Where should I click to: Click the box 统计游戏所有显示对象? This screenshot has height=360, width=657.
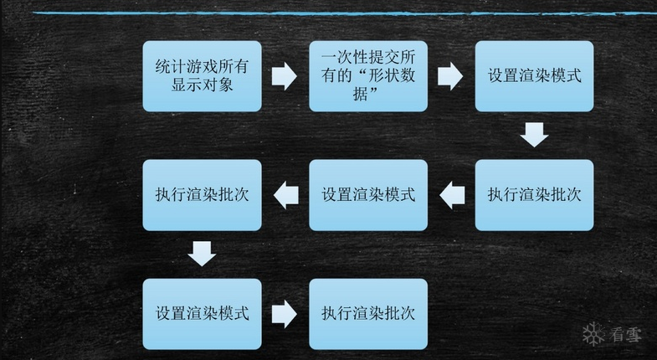202,76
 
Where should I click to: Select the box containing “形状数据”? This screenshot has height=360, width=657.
368,76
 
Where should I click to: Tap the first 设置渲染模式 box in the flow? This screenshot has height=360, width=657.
534,76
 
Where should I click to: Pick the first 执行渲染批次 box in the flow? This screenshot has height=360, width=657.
534,195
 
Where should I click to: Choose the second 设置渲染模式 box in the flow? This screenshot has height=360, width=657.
368,195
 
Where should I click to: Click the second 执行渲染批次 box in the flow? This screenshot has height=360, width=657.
202,195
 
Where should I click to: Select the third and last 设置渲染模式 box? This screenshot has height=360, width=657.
202,314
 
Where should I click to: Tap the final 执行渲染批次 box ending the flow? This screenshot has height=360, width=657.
368,314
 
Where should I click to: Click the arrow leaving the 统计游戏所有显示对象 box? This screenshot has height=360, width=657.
285,76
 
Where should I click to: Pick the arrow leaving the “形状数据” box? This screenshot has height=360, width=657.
450,76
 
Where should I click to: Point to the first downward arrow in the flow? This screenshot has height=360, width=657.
534,134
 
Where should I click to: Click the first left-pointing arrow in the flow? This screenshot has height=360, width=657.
452,195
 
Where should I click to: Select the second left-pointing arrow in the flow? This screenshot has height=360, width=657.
286,195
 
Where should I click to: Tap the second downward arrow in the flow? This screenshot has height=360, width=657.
202,253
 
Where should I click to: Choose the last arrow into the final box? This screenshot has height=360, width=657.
285,314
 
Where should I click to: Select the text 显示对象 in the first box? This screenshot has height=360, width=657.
202,85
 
